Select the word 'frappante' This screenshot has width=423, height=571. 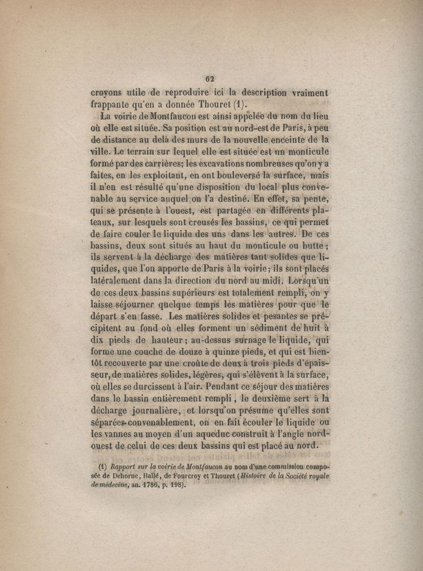point(111,105)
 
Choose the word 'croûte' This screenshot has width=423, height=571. point(194,365)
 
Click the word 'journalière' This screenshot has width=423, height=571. point(156,411)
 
